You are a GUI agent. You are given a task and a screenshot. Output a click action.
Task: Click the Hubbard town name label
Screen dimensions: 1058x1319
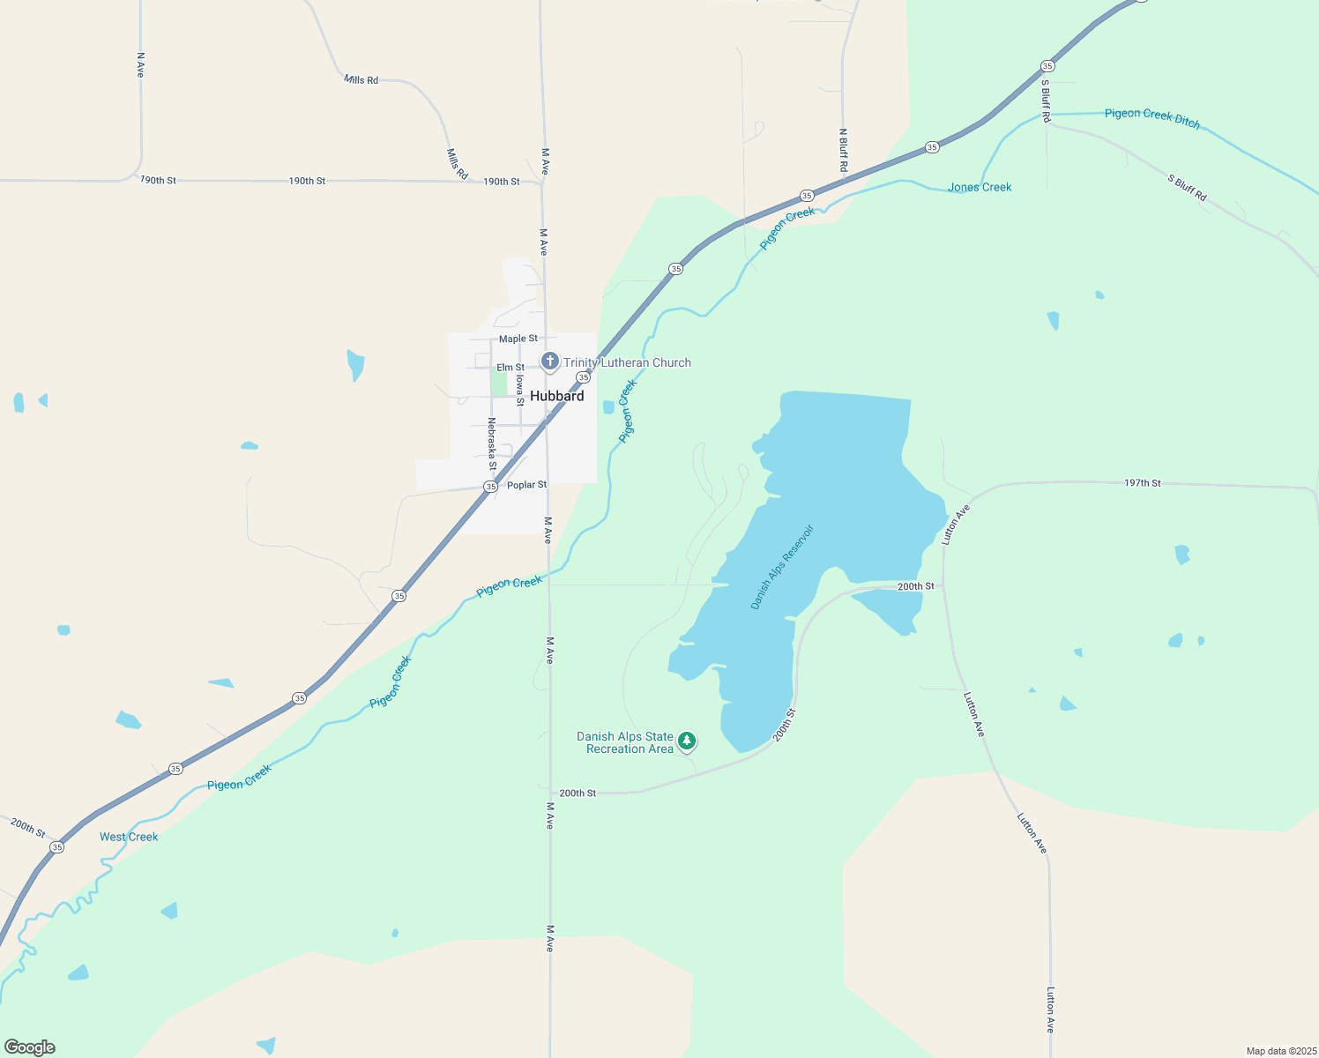coord(556,396)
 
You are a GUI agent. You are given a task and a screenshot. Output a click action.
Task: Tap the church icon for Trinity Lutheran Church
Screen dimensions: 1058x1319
coord(549,361)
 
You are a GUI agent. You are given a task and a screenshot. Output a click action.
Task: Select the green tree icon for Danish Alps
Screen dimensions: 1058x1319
coord(686,741)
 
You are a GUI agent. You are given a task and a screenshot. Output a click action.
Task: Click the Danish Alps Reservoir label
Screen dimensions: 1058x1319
coord(782,567)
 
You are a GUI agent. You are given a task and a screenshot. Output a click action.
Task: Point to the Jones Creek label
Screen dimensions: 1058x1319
coord(980,187)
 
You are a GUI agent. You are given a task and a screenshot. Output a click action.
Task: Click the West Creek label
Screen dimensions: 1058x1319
coord(129,837)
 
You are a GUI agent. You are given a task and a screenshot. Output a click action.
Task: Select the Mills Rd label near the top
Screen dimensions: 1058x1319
coord(361,79)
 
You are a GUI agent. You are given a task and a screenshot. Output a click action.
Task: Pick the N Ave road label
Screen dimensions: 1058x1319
coord(140,64)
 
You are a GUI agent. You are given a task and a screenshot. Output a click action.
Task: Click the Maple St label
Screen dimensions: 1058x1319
coord(518,339)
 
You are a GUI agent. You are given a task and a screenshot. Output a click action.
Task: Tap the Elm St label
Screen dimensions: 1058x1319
coord(510,367)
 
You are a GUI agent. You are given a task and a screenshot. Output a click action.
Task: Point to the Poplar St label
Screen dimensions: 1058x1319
coord(526,485)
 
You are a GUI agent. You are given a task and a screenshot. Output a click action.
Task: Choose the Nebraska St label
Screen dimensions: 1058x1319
coord(492,443)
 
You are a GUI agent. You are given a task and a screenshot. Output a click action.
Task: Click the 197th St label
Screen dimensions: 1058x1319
coord(1142,483)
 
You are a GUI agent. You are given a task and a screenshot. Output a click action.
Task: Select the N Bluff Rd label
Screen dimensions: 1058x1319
coord(843,150)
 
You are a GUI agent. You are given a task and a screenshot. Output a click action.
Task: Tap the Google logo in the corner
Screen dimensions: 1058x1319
coord(30,1047)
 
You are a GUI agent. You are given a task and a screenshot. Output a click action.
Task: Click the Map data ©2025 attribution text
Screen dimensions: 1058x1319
coord(1279,1051)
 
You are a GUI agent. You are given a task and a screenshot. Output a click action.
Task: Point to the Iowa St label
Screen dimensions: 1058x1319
coord(520,390)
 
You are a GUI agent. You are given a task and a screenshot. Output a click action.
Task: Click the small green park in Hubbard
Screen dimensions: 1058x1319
coord(499,384)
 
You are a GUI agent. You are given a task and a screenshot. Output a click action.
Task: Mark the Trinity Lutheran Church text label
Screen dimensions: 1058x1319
coord(627,362)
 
